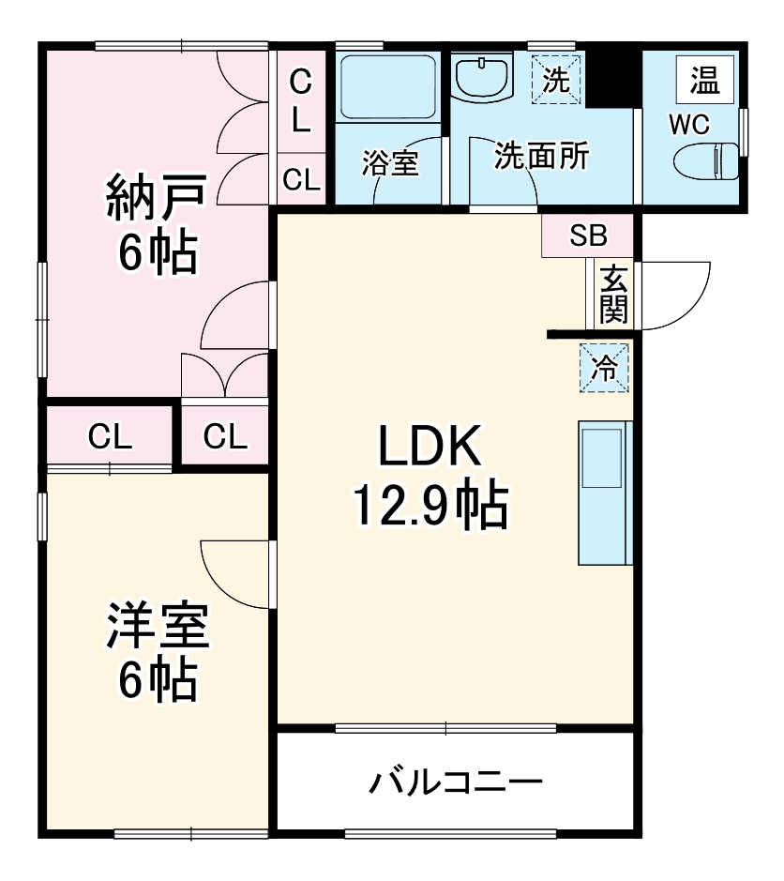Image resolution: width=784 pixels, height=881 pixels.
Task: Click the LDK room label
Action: (430, 448)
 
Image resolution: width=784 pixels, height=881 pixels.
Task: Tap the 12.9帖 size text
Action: (430, 507)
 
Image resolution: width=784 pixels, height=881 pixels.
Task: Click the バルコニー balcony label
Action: (456, 782)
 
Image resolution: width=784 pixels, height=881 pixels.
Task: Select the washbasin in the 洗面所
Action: (481, 76)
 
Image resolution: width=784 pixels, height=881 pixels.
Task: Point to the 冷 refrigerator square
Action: (604, 367)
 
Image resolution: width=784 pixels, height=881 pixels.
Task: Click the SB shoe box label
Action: (589, 235)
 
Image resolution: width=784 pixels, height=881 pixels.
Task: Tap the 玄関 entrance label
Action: (612, 294)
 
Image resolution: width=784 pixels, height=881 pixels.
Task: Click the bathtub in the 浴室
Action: (387, 85)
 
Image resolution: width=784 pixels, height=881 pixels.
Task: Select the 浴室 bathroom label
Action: (390, 163)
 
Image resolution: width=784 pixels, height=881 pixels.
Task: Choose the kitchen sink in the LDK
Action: (603, 457)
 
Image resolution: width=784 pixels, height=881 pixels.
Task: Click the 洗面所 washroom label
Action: (541, 156)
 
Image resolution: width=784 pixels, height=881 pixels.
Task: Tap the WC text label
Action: (689, 124)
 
